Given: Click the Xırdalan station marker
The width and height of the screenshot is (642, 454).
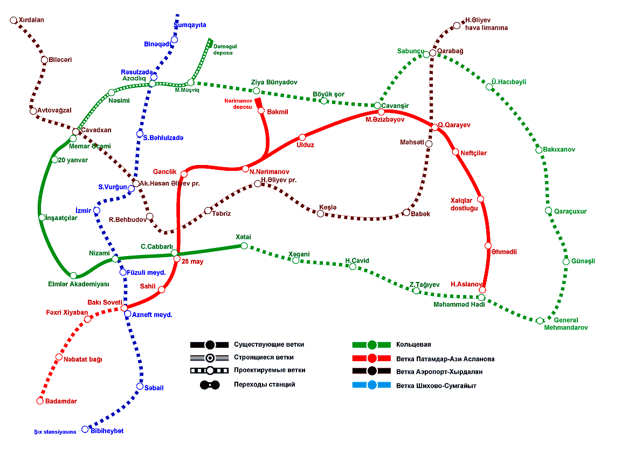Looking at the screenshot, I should tap(13, 20).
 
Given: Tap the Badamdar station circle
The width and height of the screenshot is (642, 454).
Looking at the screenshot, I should tap(39, 401).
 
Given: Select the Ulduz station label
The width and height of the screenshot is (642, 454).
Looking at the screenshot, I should tap(305, 145).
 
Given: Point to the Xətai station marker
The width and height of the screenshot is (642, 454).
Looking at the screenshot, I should tap(244, 246).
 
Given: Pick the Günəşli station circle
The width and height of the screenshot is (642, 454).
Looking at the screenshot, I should tap(566, 262).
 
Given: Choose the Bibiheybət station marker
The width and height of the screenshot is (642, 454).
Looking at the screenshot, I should tap(85, 429).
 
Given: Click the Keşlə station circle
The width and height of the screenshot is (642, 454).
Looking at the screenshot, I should tap(320, 214).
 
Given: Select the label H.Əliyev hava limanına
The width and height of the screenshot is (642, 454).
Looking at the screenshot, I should tap(487, 24).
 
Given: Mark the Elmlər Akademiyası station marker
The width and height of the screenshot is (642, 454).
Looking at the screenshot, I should tap(73, 276).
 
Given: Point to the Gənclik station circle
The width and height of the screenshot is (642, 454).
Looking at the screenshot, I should tap(184, 174).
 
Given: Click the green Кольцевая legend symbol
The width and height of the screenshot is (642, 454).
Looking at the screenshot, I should tap(372, 345).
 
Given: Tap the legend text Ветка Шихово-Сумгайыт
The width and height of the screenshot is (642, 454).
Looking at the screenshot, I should tap(436, 386).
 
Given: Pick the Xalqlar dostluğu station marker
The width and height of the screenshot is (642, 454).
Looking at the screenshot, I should tap(480, 199).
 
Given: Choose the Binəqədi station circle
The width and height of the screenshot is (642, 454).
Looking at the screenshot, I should tap(175, 39).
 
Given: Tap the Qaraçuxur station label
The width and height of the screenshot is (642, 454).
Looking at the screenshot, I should tap(570, 211).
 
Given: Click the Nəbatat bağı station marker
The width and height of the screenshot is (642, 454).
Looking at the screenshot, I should tap(59, 357).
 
